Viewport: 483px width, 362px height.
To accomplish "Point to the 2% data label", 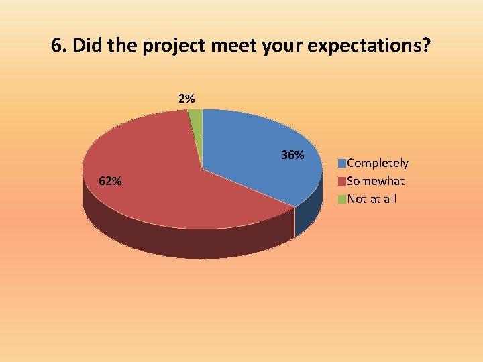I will tap(186, 99).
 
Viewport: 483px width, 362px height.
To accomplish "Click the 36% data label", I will tap(292, 156).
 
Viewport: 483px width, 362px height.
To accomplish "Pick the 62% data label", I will tap(110, 181).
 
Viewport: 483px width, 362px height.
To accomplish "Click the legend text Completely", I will tap(378, 163).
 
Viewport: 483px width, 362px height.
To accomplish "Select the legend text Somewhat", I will tap(376, 181).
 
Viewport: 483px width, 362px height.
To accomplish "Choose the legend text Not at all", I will tap(372, 199).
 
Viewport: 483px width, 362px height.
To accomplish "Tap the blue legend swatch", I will tap(342, 163).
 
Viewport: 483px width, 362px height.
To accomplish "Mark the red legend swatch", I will tap(342, 181).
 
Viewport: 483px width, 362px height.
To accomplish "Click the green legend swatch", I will tap(342, 199).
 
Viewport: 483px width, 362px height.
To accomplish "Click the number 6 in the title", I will tap(56, 46).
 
